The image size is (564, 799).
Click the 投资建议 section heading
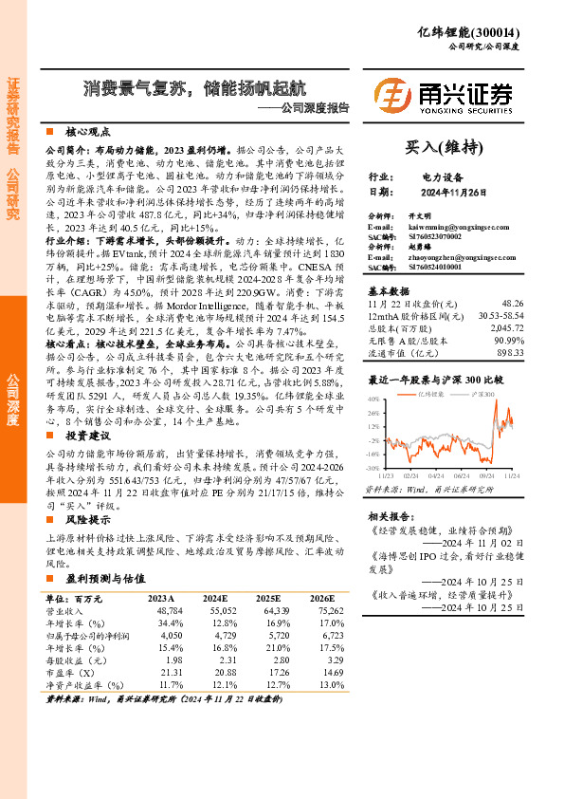[x=91, y=435]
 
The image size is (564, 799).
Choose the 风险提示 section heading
[x=91, y=521]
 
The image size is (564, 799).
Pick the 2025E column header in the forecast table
[x=267, y=599]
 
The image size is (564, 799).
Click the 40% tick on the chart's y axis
[x=374, y=399]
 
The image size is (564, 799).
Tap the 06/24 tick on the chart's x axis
[x=462, y=473]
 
